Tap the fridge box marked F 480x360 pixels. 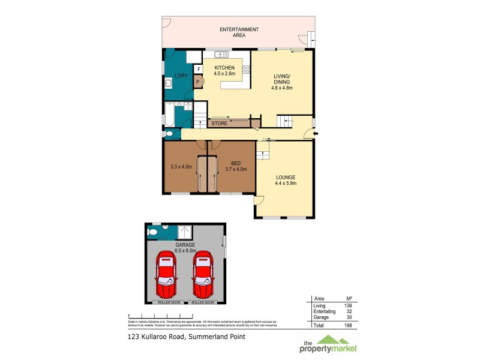199,69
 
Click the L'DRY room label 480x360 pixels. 181,76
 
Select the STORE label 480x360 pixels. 218,124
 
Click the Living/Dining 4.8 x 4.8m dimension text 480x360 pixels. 282,88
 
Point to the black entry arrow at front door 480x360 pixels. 316,133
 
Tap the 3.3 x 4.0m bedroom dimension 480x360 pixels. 181,167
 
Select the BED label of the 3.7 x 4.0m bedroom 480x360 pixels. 235,163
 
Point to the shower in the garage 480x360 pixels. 185,232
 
